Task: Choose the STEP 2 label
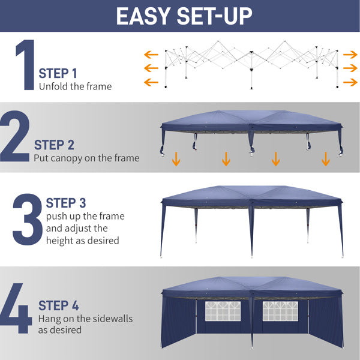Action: (x=54, y=145)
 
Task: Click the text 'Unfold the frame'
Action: (x=76, y=86)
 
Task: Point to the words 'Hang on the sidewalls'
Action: (x=86, y=319)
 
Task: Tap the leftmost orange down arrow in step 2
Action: (x=176, y=159)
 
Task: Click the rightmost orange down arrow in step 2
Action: (x=326, y=159)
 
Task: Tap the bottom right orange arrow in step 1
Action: (x=349, y=82)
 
